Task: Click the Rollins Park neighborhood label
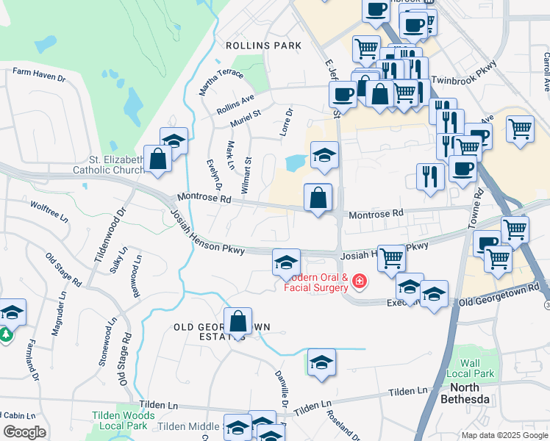coord(264,46)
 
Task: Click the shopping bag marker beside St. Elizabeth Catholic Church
coord(157,159)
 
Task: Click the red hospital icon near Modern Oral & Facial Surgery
coord(359,280)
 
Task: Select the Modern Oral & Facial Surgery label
coord(316,282)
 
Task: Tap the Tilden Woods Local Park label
coord(124,420)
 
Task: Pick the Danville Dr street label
coord(281,390)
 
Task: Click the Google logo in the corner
coord(24,432)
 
